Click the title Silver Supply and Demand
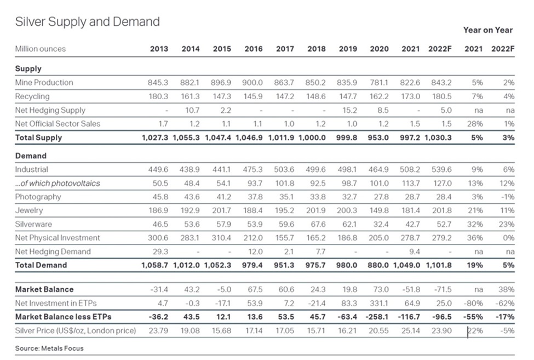[88, 22]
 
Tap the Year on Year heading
[487, 30]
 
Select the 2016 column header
[254, 49]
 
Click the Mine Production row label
[44, 82]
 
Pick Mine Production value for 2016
[252, 82]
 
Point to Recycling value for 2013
[158, 96]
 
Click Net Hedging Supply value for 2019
[348, 110]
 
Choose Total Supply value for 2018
[312, 138]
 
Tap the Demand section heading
[31, 156]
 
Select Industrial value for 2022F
[441, 169]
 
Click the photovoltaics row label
[58, 183]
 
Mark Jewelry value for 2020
[378, 210]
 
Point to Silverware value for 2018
[315, 224]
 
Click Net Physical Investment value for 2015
[221, 238]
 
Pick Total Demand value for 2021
[406, 265]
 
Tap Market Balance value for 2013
[159, 289]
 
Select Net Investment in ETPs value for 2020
[378, 303]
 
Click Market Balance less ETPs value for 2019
[347, 317]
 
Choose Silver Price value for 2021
[411, 330]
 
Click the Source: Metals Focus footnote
[49, 348]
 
